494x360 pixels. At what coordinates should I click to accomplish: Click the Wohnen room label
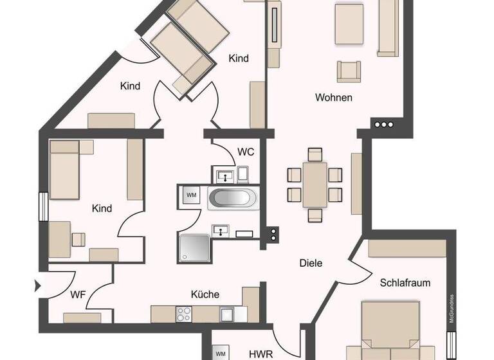click(x=333, y=98)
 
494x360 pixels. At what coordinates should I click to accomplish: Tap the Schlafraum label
click(x=405, y=282)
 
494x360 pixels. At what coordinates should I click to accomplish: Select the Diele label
click(x=311, y=263)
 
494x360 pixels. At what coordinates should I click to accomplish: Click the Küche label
click(x=205, y=294)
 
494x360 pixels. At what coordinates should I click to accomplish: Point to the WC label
click(x=246, y=152)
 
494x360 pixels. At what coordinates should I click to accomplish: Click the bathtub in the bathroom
click(x=233, y=197)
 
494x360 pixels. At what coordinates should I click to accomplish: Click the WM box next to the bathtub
click(x=192, y=194)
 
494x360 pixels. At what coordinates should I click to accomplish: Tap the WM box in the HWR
click(x=221, y=353)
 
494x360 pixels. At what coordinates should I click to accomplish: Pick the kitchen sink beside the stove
click(x=227, y=314)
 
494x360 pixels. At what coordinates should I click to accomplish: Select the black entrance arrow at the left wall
click(x=38, y=285)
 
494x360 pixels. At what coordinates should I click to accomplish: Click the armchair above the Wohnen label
click(x=348, y=70)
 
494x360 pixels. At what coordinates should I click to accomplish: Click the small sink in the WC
click(x=223, y=174)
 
